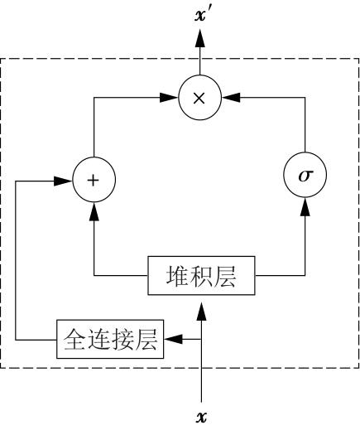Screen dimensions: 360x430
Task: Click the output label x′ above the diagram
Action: click(204, 15)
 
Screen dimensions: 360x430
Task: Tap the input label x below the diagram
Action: click(201, 417)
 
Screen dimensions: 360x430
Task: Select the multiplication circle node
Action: click(200, 98)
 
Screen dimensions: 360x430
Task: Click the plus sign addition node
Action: click(94, 180)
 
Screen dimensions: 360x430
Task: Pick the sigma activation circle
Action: click(305, 175)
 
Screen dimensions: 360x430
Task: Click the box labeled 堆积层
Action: click(201, 276)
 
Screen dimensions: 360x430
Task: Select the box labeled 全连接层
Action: click(110, 339)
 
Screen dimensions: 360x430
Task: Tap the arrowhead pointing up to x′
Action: click(200, 39)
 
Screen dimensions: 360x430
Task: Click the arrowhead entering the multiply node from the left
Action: click(169, 98)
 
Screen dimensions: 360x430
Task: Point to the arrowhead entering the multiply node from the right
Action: click(231, 98)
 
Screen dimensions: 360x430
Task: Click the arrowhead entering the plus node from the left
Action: click(63, 181)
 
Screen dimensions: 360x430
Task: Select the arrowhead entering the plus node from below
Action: click(94, 211)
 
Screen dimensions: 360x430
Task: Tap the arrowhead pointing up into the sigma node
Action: click(305, 206)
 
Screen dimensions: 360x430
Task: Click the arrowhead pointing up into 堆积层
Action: click(201, 312)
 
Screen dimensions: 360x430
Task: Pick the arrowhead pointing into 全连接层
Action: click(174, 339)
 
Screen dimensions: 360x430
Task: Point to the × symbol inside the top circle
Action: click(199, 98)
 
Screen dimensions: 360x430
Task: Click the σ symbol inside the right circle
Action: click(305, 176)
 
